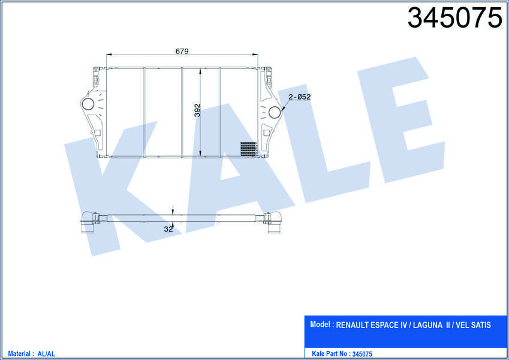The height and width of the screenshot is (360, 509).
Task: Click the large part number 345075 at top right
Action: point(455,18)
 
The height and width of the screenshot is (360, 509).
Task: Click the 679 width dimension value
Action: point(182,51)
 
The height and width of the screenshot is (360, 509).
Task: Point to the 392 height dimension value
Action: point(197,110)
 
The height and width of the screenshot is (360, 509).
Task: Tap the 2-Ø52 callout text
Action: point(300,97)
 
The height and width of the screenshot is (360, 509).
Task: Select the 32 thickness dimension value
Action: point(168,229)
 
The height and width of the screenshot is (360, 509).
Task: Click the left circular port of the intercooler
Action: point(88,104)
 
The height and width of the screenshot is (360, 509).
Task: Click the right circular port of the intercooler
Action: point(275,112)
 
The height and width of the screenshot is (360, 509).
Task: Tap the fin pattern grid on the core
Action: point(249,149)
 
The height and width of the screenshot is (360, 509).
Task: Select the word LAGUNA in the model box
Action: point(427,325)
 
